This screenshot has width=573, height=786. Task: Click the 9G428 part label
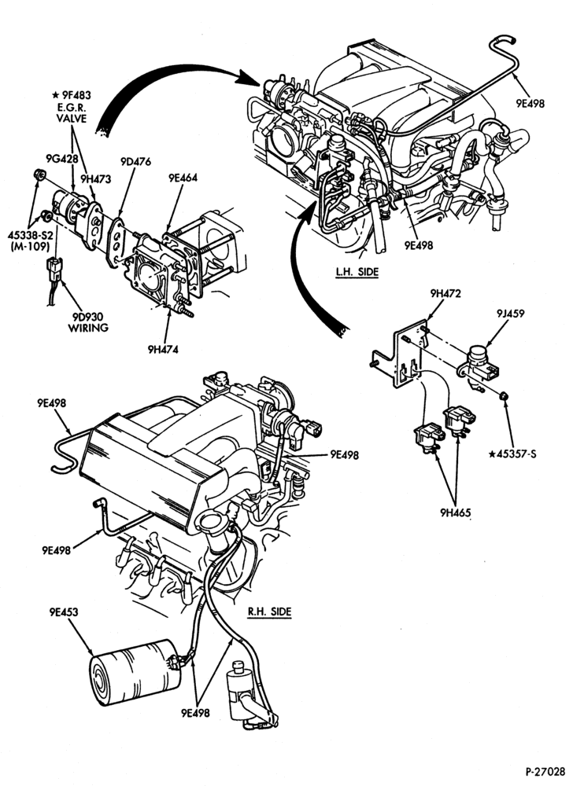point(62,159)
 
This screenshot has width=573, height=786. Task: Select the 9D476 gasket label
point(135,161)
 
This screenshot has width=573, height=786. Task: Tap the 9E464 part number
point(183,178)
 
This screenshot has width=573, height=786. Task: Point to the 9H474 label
point(163,350)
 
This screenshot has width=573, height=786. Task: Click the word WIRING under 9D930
point(88,328)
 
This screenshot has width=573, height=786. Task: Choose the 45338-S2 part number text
point(29,234)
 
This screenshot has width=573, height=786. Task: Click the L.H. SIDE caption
point(357,272)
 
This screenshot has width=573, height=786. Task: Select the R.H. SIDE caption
point(269,612)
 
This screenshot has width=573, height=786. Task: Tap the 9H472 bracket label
point(445,293)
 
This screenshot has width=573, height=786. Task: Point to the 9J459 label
point(511,314)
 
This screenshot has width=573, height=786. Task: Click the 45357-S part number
point(513,454)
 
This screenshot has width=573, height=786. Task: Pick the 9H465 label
point(456,512)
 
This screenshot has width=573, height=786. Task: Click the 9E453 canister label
point(64,612)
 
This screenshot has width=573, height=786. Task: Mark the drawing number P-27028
point(545,770)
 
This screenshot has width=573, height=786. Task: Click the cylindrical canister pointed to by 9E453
point(133,672)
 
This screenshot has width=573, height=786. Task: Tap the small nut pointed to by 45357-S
point(504,396)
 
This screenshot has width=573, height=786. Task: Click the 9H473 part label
point(96,178)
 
